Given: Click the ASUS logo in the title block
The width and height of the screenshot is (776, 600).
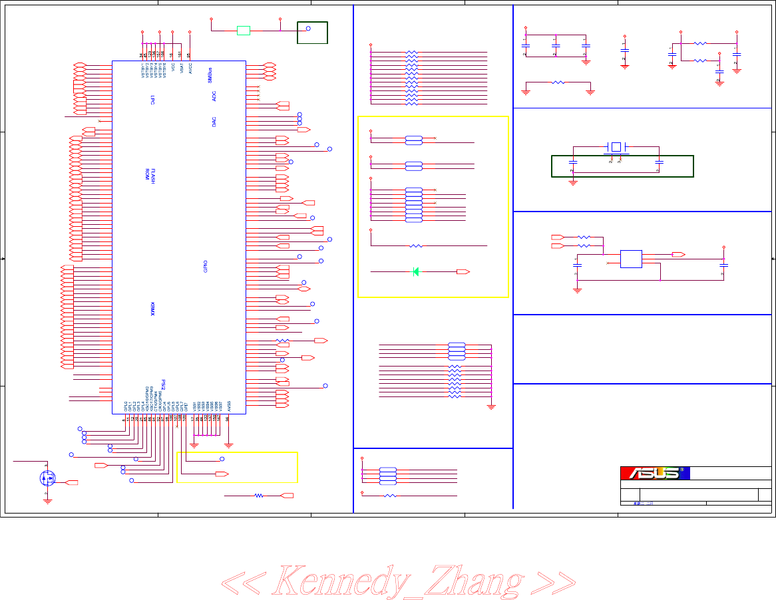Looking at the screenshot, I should coord(655,473).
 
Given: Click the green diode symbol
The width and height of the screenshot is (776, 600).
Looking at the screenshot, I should coord(416,271).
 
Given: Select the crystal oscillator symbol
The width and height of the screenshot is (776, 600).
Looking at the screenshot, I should coord(616,146).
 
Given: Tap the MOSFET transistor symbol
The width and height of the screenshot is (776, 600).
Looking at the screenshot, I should coord(47,477).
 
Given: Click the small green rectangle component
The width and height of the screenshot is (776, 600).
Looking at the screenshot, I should coord(244,30).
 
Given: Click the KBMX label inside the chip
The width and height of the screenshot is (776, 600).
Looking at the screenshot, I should coord(153,309).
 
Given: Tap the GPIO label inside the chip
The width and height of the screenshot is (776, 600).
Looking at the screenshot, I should coord(206,266).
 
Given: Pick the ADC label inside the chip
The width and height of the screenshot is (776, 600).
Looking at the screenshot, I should coord(214,96).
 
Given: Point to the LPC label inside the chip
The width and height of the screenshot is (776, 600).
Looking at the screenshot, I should coord(152,100).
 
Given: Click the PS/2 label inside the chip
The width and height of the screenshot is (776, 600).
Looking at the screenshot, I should coord(164,386).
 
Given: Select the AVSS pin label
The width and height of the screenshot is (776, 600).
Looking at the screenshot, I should coord(228,405).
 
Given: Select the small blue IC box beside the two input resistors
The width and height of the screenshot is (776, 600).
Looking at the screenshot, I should coord(631,259).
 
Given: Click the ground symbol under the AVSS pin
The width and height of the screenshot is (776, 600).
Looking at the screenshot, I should coord(228,444).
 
